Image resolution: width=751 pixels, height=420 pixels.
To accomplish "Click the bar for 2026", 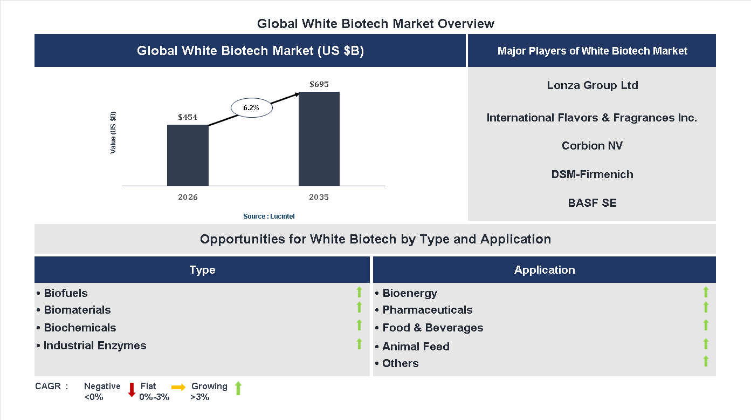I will [x=188, y=155].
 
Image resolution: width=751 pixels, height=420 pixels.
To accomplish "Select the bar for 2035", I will [x=319, y=139].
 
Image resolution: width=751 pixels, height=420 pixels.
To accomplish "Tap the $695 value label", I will [x=319, y=84].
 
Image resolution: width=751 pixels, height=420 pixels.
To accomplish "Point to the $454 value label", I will [x=188, y=117].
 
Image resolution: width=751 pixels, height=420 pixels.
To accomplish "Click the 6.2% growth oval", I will [x=251, y=108].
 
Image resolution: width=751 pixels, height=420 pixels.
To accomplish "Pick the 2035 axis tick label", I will [x=319, y=197].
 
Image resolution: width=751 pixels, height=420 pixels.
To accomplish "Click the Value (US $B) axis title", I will [x=113, y=133].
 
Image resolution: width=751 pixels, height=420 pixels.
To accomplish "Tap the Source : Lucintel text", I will [x=269, y=216].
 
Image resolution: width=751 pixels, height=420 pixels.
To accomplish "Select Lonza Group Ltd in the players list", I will [x=592, y=85].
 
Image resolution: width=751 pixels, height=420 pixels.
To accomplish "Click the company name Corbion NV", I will [x=592, y=146].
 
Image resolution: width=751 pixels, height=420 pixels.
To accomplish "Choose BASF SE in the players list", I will [x=592, y=203].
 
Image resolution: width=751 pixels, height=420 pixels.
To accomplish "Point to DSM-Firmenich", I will [x=592, y=174].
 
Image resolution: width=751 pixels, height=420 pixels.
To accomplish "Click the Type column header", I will [x=202, y=270].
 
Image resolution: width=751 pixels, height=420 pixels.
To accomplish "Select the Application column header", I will [x=545, y=270].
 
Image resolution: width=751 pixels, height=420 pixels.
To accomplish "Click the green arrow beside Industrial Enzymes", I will [x=359, y=343].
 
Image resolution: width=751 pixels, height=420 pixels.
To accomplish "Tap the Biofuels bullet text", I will [x=65, y=293].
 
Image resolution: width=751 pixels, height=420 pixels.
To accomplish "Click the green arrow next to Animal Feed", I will [x=706, y=344].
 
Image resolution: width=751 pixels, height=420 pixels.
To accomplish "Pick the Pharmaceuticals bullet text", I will [x=427, y=310].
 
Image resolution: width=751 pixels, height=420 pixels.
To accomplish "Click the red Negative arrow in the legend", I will [x=132, y=389].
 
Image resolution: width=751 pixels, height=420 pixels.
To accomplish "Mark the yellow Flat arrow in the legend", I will [x=178, y=387].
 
